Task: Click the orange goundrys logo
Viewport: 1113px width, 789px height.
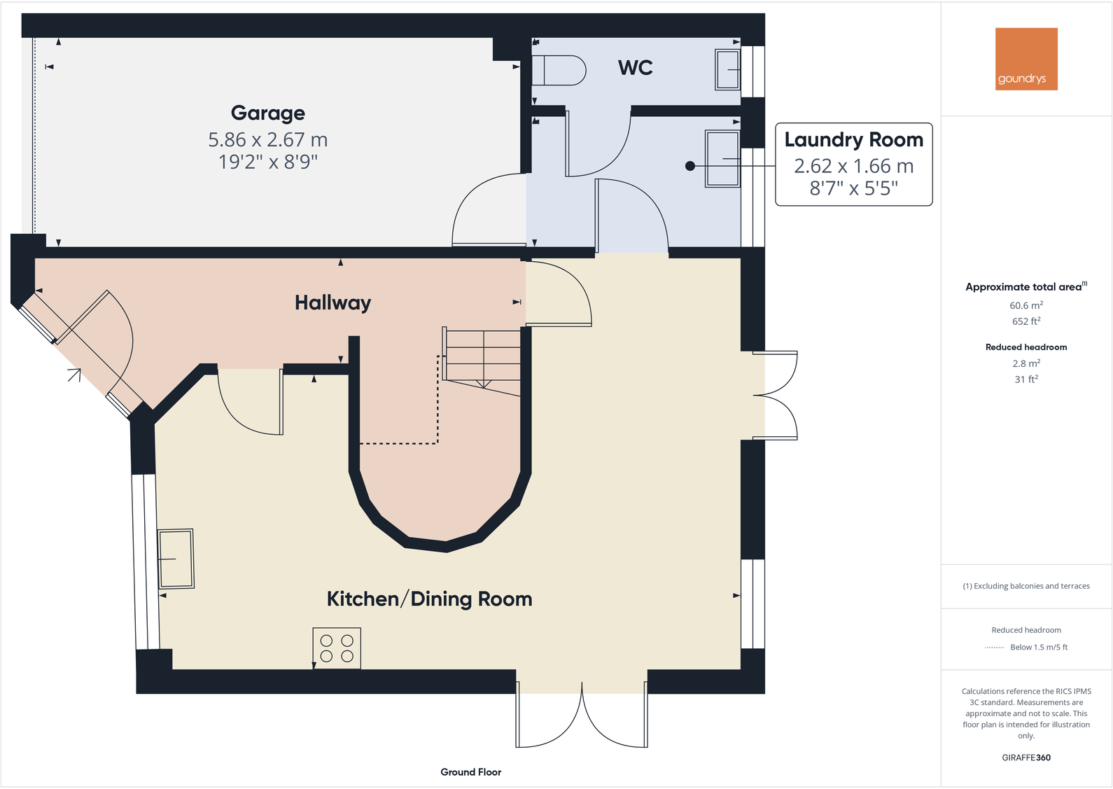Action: point(1025,59)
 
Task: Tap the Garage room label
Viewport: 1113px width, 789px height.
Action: point(267,113)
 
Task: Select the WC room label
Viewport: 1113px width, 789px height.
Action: point(635,68)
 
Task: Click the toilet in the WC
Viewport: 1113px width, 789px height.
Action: point(559,70)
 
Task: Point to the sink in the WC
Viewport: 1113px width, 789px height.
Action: point(727,70)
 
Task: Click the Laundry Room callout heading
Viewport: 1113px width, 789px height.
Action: point(853,139)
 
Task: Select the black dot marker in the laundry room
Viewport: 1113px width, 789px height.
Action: point(690,166)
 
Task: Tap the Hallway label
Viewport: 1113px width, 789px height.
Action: point(332,302)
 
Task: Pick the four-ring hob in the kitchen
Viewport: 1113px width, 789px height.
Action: point(337,648)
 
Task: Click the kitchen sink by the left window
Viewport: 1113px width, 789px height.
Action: point(176,559)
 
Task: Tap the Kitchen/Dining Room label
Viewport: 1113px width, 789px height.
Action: point(429,599)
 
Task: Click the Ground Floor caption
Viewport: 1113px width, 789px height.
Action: point(470,771)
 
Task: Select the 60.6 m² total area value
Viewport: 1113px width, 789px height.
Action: point(1025,305)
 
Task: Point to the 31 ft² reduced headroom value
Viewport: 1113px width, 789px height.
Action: point(1025,379)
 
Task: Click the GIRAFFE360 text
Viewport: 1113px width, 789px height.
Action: point(1025,757)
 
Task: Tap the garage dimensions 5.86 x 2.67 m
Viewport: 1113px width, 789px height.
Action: point(267,139)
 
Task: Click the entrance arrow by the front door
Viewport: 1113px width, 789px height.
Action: point(75,375)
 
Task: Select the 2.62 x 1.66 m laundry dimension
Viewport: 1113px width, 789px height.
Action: point(853,166)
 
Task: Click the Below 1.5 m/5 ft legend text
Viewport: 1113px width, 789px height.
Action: point(1038,647)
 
